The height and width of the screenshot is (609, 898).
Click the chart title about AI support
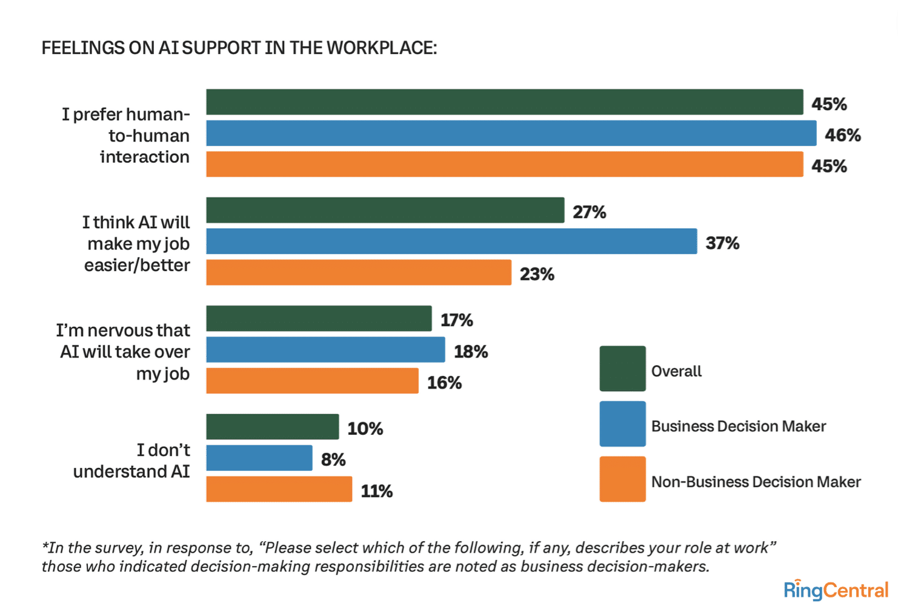239,48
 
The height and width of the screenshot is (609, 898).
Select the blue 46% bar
511,133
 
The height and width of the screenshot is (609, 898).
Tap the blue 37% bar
451,241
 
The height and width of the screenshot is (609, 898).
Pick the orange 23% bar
359,272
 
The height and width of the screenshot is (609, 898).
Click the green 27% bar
385,210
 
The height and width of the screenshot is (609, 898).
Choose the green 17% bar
319,318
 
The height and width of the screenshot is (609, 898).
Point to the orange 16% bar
312,381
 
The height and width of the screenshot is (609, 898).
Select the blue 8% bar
259,458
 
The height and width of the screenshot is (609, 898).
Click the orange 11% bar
279,489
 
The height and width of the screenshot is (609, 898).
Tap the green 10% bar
272,427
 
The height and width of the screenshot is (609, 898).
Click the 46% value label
842,135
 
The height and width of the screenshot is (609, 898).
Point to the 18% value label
471,351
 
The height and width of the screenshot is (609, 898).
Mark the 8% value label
333,459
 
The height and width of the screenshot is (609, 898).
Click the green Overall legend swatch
622,369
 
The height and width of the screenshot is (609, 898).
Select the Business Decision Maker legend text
738,426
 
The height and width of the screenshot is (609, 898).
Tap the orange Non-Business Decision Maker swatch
622,479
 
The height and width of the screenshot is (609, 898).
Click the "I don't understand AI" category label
131,461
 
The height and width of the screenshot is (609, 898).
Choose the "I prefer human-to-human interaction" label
126,136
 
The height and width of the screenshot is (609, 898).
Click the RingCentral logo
836,590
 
